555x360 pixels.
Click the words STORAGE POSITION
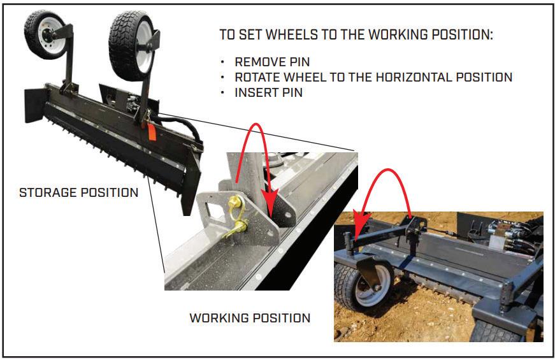78,192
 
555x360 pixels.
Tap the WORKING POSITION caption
250,317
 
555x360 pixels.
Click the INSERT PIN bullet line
268,92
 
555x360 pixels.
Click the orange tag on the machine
152,131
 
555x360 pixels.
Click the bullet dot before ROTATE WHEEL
222,78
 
